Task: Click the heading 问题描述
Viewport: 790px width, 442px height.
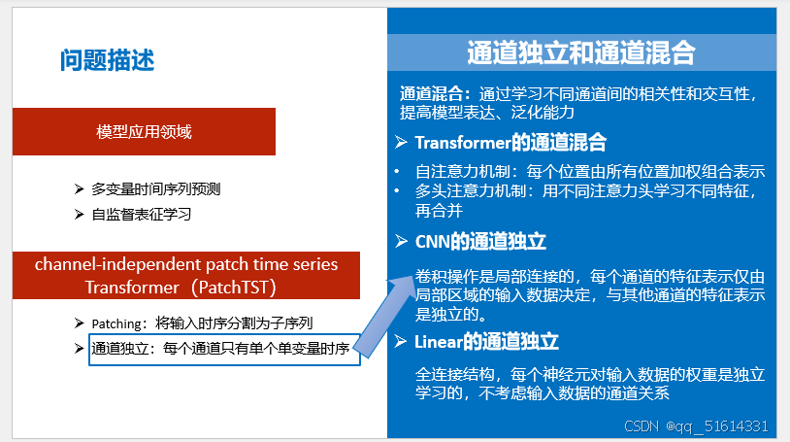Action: coord(107,61)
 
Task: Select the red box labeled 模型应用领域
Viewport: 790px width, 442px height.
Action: coord(144,131)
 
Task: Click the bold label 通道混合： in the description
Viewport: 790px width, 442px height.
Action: coord(436,94)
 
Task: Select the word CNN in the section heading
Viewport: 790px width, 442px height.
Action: coord(432,241)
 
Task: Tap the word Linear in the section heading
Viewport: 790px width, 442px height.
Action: coord(439,342)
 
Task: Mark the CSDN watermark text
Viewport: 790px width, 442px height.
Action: coord(642,425)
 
